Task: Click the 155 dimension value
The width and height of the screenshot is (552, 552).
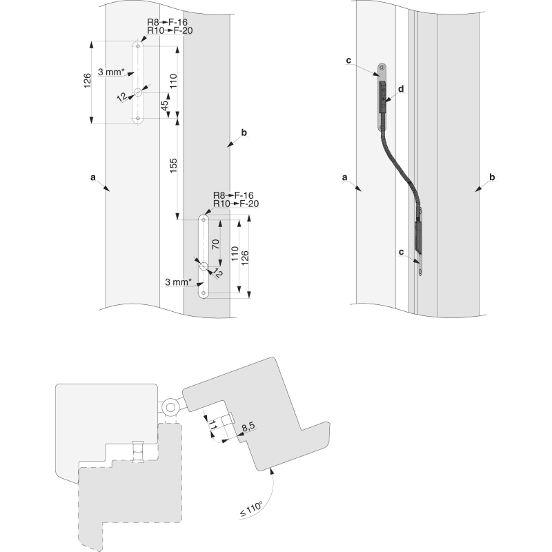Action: (x=173, y=166)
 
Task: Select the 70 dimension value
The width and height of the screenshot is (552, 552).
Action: (x=216, y=244)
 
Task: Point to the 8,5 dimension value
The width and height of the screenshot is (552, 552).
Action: (x=248, y=426)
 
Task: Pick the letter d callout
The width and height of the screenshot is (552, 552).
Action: (x=401, y=89)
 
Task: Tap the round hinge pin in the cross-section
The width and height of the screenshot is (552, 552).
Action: (x=170, y=408)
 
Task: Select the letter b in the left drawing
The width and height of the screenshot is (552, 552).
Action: (x=244, y=132)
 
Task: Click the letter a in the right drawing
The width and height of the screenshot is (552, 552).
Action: (x=344, y=178)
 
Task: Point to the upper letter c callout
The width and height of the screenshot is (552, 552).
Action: (x=348, y=61)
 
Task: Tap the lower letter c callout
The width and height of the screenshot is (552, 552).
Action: (x=402, y=252)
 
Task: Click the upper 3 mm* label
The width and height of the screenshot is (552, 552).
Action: (x=111, y=72)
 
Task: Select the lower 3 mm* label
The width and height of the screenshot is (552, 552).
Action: (x=178, y=282)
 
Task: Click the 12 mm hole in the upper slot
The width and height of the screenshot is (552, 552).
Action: (x=137, y=92)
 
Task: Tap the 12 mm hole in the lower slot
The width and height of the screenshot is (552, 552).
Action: (x=204, y=266)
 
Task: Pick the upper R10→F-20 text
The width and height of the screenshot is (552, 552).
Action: (x=170, y=30)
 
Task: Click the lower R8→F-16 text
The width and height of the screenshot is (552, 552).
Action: (x=233, y=195)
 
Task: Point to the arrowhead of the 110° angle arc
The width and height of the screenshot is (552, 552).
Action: (x=271, y=471)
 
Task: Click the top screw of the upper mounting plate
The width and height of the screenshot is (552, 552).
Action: (x=382, y=68)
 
